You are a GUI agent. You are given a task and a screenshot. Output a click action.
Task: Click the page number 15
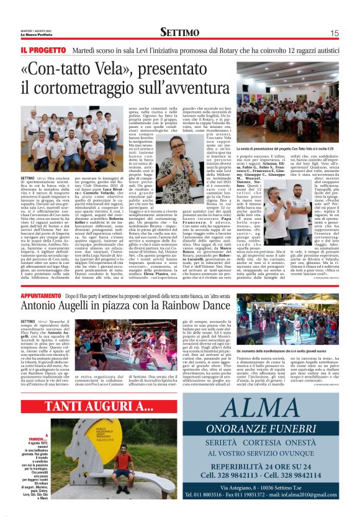coord(335,33)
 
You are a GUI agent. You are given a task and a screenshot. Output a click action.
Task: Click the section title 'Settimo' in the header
coord(179,32)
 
